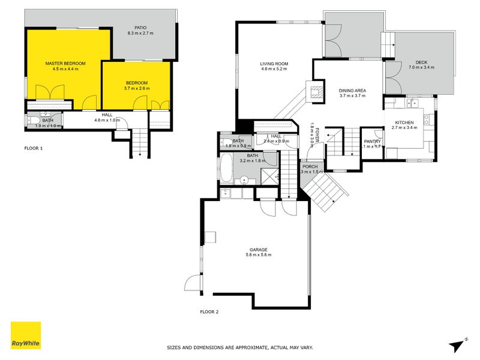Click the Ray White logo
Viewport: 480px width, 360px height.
(26, 335)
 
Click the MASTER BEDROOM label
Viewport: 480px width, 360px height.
(65, 63)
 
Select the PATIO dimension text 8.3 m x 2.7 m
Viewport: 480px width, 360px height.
(140, 33)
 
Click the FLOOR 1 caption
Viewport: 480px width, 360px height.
(33, 148)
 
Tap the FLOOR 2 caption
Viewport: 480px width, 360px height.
(209, 311)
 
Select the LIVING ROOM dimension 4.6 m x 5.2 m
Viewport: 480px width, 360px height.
(275, 69)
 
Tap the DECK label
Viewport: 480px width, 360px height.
(421, 62)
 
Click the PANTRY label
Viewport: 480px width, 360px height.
(373, 141)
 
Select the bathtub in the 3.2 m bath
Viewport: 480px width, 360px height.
(226, 169)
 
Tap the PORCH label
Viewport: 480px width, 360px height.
(310, 166)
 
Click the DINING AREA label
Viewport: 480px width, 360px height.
(352, 91)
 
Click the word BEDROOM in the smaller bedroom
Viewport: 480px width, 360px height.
(137, 83)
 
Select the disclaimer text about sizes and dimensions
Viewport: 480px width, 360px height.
(239, 347)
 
